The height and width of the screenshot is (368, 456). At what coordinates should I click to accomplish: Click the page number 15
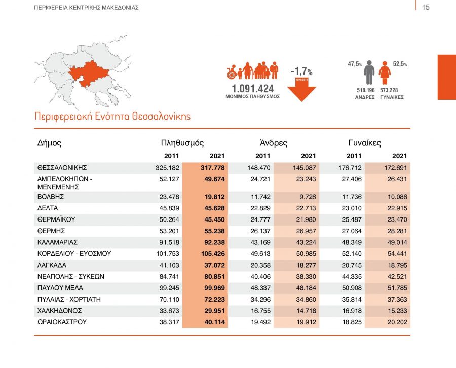tap(426, 7)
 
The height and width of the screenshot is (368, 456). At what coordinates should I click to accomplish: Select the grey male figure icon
tap(369, 72)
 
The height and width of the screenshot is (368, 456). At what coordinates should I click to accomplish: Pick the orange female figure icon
tap(385, 73)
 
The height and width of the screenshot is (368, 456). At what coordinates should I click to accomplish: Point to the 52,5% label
tap(400, 64)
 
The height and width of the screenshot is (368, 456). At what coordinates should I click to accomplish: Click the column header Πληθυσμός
tap(182, 143)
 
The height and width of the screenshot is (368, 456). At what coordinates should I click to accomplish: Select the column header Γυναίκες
tap(365, 143)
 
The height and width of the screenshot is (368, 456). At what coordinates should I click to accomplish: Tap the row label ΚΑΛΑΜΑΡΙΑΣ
tap(57, 242)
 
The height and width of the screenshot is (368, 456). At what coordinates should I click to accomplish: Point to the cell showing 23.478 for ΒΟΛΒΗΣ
tap(167, 197)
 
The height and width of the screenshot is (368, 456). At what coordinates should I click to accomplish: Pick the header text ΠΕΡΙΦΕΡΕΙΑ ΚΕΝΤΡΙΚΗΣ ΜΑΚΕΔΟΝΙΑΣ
tap(86, 8)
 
